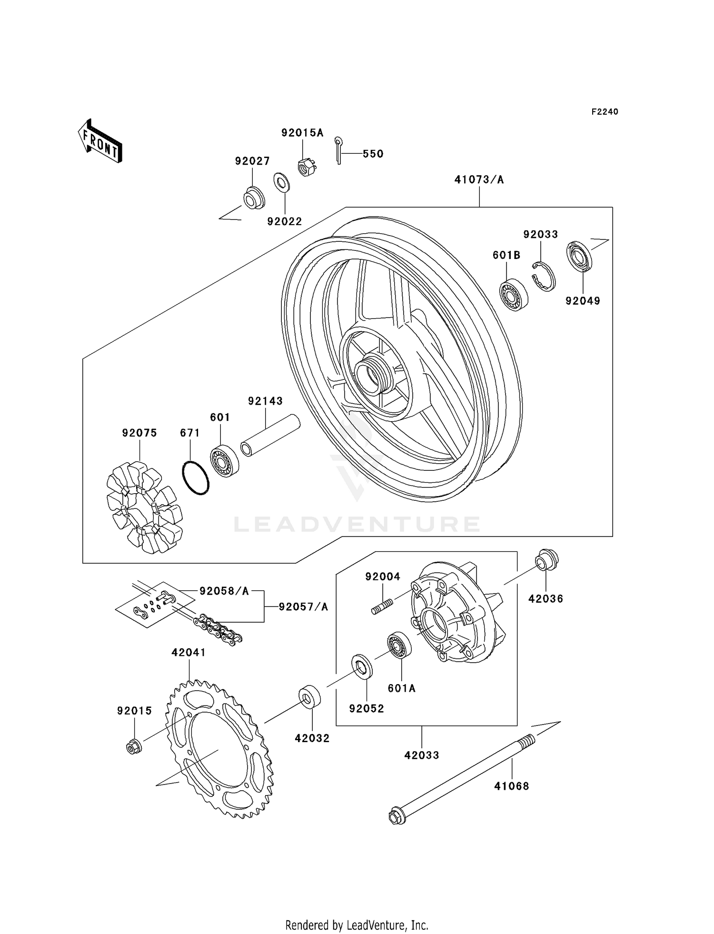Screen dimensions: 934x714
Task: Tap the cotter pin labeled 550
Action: pos(338,150)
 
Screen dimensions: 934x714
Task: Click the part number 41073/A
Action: pos(478,180)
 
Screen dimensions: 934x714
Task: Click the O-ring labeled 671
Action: pos(196,477)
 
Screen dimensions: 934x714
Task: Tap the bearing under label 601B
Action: pos(513,294)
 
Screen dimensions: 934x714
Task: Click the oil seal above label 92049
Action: pos(579,257)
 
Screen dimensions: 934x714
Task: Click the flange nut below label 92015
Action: pos(134,747)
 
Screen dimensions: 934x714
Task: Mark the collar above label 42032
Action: pos(310,696)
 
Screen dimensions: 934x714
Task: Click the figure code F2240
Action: pos(604,112)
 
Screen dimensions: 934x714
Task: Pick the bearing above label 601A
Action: pos(400,646)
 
